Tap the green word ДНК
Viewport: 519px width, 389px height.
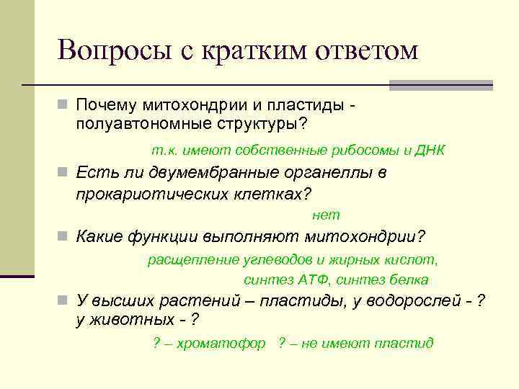430,151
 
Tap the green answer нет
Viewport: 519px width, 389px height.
326,215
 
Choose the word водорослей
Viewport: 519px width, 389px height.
404,301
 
